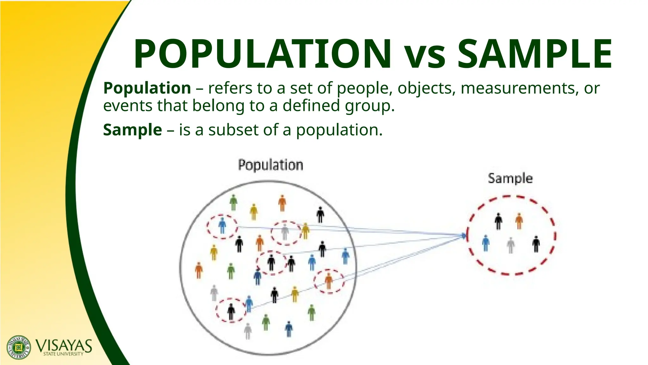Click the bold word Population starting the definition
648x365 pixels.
point(147,88)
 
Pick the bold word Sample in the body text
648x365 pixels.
point(133,130)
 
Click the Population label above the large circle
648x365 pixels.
point(271,165)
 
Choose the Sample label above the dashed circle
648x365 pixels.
point(510,178)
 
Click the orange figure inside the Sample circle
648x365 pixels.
point(519,221)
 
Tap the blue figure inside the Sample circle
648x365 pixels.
point(486,243)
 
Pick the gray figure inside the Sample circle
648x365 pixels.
point(510,245)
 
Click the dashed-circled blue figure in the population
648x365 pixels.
point(222,225)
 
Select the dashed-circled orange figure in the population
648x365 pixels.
point(329,281)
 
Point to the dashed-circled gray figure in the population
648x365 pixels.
point(285,232)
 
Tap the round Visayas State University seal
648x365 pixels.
point(19,347)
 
